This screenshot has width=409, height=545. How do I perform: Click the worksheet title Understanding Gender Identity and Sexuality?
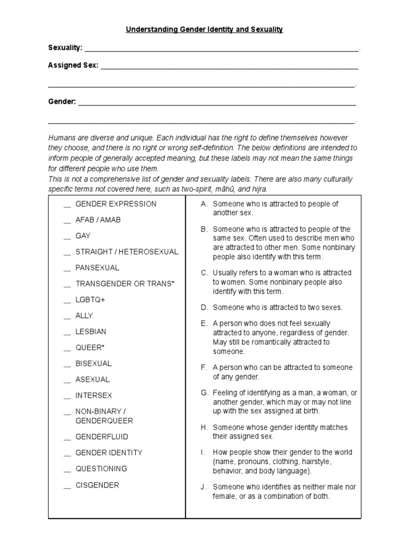(x=204, y=30)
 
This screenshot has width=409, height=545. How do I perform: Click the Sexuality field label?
(x=65, y=48)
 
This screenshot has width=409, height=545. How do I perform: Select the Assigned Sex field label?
(x=73, y=65)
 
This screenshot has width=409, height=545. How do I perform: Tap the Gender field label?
(x=62, y=101)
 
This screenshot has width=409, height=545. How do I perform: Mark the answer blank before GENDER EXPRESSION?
(x=67, y=205)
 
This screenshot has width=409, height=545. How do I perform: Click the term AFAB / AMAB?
(x=98, y=220)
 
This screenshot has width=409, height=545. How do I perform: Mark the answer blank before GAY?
(x=67, y=237)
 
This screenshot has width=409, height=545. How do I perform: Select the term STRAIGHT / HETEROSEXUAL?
(x=127, y=252)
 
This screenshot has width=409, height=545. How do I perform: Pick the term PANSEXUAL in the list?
(x=97, y=268)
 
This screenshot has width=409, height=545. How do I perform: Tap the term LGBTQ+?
(x=91, y=300)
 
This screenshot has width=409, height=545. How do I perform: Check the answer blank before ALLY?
(x=67, y=317)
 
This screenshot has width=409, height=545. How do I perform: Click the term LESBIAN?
(x=91, y=332)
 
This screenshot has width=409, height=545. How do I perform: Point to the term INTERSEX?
(x=94, y=395)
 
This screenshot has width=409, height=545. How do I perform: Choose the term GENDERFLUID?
(x=102, y=437)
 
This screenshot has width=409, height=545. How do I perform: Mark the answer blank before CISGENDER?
(x=67, y=486)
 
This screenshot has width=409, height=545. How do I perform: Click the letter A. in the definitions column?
(x=204, y=204)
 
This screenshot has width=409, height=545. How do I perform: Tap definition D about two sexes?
(x=277, y=307)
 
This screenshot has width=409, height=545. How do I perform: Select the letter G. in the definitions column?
(x=204, y=393)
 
